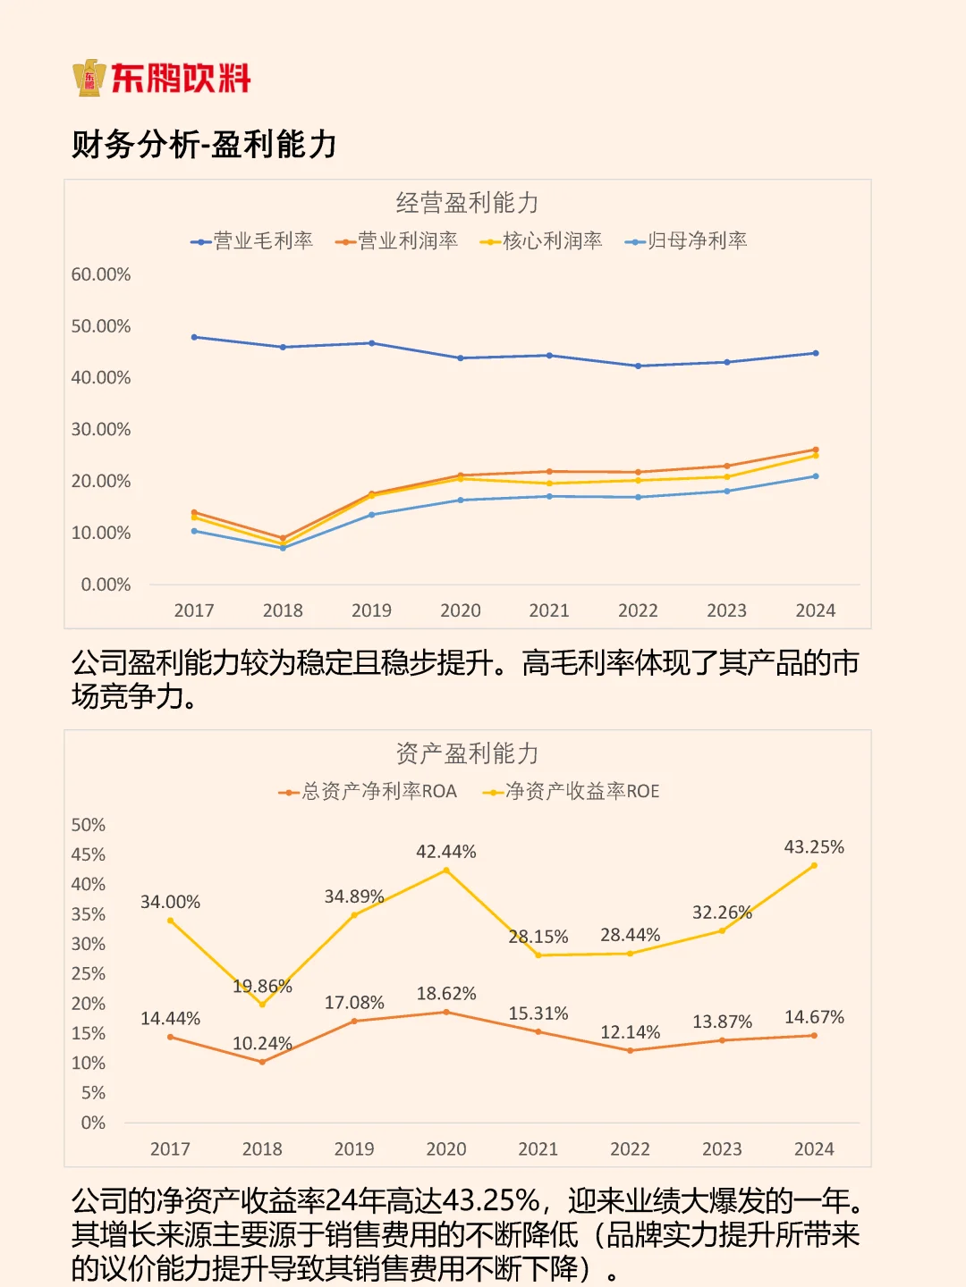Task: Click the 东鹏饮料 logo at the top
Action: [x=162, y=78]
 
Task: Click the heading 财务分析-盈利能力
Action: [x=204, y=144]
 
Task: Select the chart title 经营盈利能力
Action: [x=467, y=203]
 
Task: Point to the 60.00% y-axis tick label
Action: [x=101, y=274]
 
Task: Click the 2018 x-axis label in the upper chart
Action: [x=283, y=610]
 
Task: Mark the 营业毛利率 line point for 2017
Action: [x=194, y=337]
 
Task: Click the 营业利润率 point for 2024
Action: [x=816, y=450]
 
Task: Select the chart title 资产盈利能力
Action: [x=467, y=753]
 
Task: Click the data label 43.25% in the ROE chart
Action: [x=814, y=846]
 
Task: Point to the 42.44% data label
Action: [x=445, y=852]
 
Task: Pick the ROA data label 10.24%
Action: [x=262, y=1043]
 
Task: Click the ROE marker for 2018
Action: [x=262, y=1004]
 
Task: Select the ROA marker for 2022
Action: [x=631, y=1050]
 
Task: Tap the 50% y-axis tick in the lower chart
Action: [x=89, y=825]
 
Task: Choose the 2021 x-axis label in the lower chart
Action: [x=538, y=1149]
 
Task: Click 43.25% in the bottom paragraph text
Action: [x=491, y=1201]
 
